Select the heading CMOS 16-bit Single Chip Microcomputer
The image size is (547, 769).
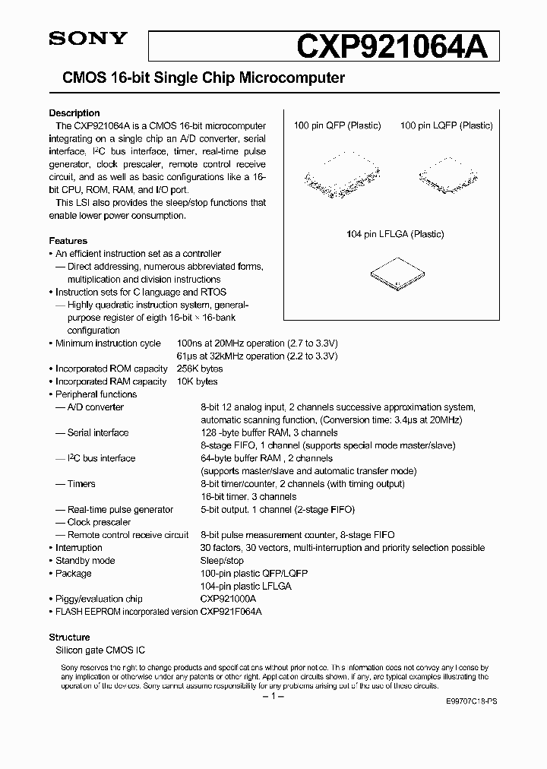[198, 78]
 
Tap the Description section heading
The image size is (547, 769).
[74, 113]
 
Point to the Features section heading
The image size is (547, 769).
[68, 241]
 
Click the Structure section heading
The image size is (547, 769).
[70, 638]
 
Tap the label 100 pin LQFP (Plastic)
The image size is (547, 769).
[446, 125]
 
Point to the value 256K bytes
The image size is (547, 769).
[223, 369]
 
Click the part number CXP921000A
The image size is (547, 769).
[229, 599]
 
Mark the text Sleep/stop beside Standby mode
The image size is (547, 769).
[222, 561]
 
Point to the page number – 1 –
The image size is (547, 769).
[272, 696]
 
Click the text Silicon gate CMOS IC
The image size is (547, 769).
[96, 650]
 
